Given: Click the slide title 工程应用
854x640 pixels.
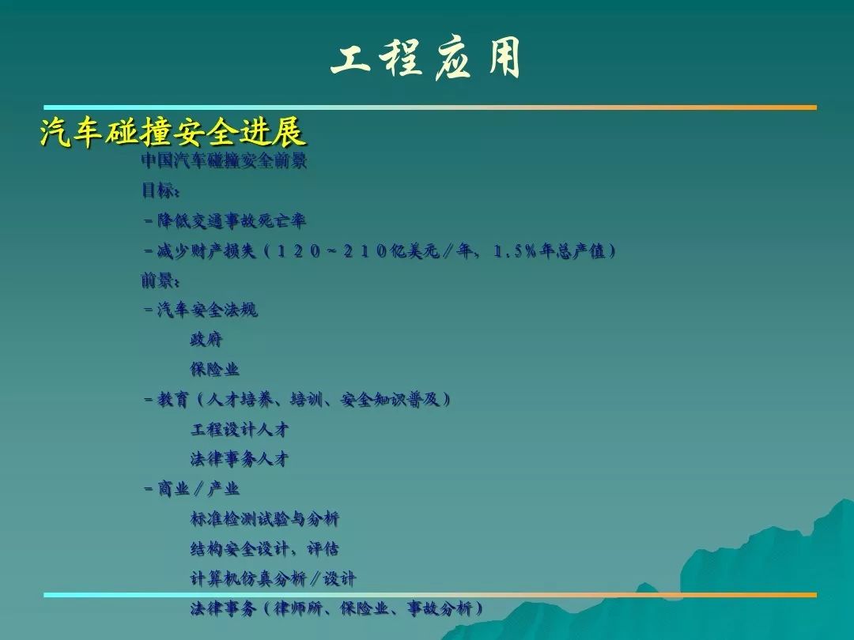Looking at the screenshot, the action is click(426, 58).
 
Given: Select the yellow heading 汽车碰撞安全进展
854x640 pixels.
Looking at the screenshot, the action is click(172, 132).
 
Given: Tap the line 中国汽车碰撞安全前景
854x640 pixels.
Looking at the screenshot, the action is click(224, 160).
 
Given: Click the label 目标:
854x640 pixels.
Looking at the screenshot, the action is click(160, 190).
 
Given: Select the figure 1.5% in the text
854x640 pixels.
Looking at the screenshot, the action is click(515, 251).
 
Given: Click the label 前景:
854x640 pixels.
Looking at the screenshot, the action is click(160, 280).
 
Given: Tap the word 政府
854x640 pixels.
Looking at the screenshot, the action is click(206, 340).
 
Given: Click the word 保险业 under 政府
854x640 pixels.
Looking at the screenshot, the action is click(214, 369).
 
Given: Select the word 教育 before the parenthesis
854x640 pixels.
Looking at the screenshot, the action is click(173, 400).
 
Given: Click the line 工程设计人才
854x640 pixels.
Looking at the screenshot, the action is click(239, 429).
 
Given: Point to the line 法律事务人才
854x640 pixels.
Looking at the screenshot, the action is click(239, 459).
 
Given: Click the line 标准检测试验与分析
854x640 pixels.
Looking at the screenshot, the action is click(265, 518).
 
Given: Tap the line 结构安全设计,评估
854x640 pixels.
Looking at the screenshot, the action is click(265, 548).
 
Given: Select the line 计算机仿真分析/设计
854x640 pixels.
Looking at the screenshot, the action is click(273, 578).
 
